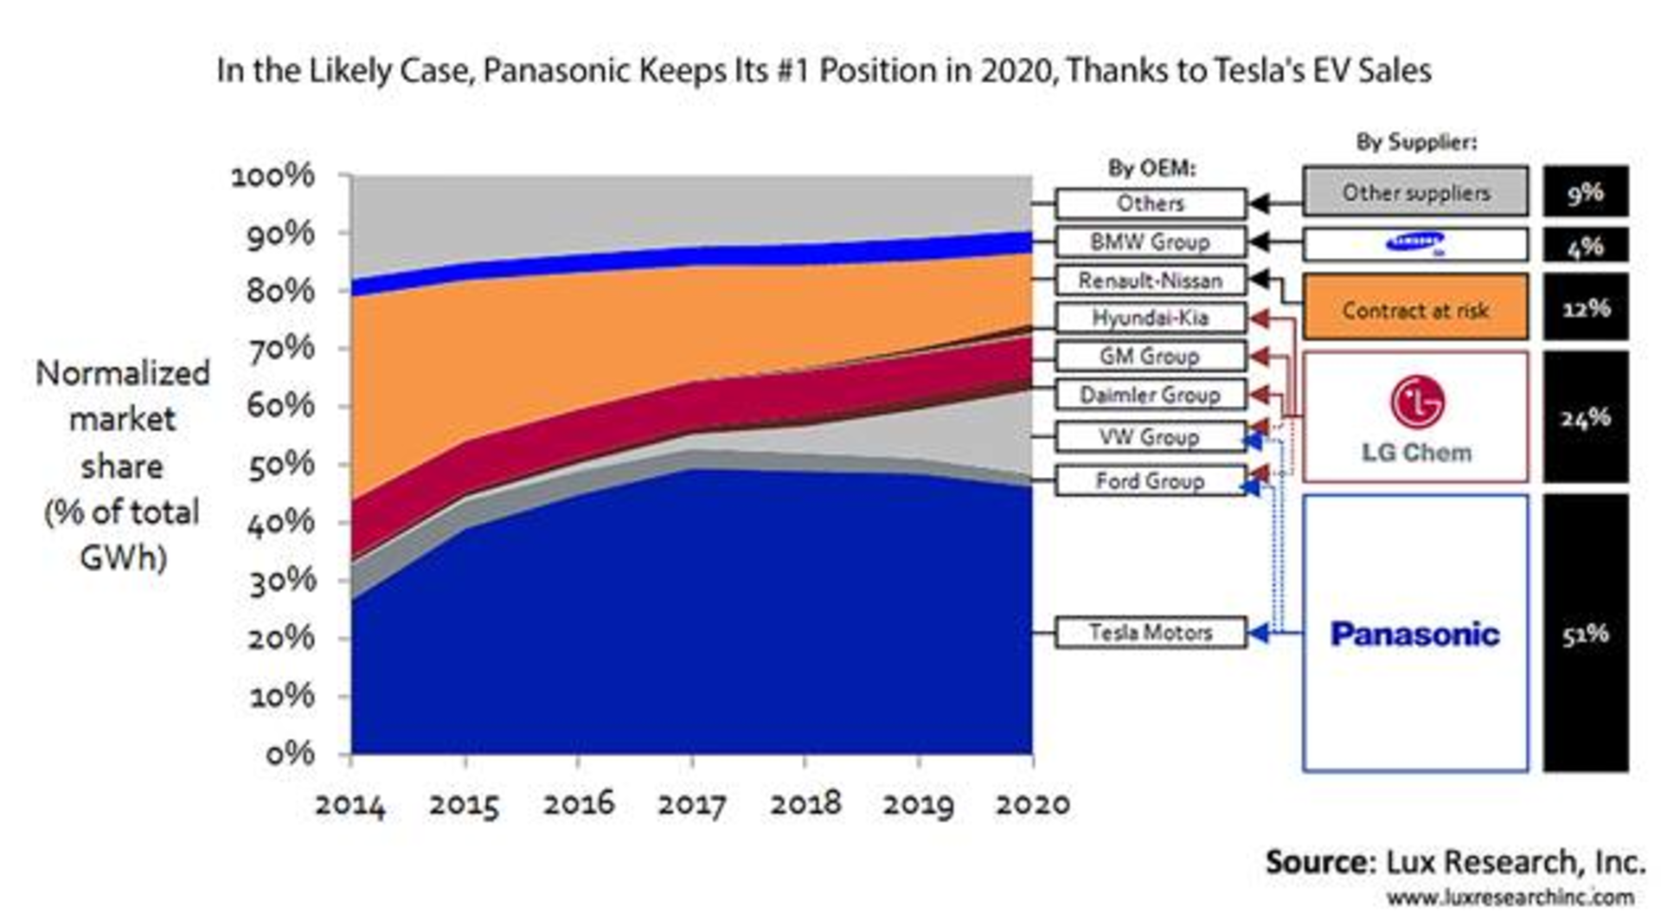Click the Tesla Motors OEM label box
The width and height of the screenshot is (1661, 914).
1151,632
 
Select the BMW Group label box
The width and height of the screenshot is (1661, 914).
1151,241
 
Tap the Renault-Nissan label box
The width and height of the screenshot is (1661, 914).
1151,280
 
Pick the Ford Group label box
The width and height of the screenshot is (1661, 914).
1151,480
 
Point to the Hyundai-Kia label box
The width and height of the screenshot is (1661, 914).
1151,318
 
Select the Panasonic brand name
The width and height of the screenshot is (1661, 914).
1414,634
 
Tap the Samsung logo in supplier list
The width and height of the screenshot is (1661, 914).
1415,243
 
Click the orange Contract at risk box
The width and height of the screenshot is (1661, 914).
1415,308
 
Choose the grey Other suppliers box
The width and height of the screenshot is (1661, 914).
1415,192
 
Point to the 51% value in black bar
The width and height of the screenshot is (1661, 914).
1585,634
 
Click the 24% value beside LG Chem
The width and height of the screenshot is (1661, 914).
1585,418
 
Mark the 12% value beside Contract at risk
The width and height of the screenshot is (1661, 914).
1585,308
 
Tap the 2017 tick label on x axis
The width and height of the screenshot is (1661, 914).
691,804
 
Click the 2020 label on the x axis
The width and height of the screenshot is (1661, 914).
1032,804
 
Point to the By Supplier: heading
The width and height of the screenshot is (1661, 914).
1416,142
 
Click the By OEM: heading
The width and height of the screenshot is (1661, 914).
1151,168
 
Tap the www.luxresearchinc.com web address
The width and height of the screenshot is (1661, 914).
1510,898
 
